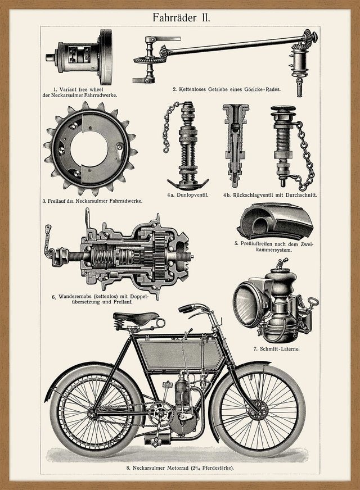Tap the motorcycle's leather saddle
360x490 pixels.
pyautogui.click(x=136, y=318)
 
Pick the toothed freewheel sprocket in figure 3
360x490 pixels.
pyautogui.click(x=89, y=148)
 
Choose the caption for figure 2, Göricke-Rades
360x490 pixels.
pyautogui.click(x=226, y=89)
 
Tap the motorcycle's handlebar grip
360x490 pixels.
pyautogui.click(x=188, y=308)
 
